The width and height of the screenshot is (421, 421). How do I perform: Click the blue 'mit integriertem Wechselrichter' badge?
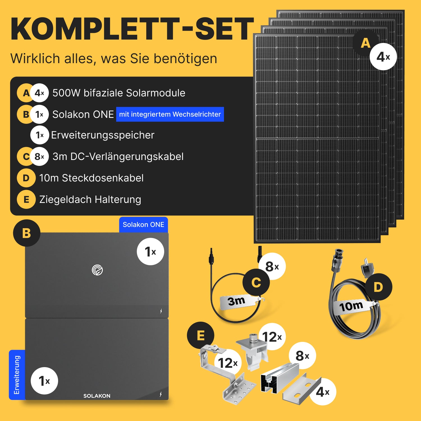tap(170, 114)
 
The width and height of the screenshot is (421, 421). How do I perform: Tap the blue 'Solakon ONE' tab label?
tap(143, 225)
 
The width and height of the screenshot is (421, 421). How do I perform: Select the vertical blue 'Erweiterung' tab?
tap(17, 375)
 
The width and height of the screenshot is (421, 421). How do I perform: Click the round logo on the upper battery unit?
tap(97, 270)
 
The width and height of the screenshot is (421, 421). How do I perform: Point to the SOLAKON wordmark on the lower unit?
tap(97, 396)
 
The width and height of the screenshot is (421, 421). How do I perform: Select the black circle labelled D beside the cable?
tap(378, 287)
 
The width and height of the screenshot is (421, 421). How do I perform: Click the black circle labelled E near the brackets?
tap(201, 335)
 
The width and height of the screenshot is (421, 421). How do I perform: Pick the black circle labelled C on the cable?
tap(256, 282)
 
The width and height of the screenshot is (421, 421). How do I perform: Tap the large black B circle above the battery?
tap(27, 233)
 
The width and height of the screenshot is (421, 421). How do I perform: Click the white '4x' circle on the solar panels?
tap(383, 57)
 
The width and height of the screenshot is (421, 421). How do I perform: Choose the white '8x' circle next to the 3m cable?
tap(272, 266)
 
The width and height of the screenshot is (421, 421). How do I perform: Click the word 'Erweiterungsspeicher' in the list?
tap(103, 135)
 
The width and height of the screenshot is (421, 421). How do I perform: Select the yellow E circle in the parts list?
tap(26, 200)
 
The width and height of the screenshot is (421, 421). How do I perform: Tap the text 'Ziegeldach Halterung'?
tap(90, 200)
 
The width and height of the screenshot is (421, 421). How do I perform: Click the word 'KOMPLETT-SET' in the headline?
tap(132, 29)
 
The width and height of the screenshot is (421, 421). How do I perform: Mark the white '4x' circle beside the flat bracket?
tap(322, 392)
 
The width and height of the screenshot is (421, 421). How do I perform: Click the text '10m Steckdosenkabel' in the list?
tap(91, 178)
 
